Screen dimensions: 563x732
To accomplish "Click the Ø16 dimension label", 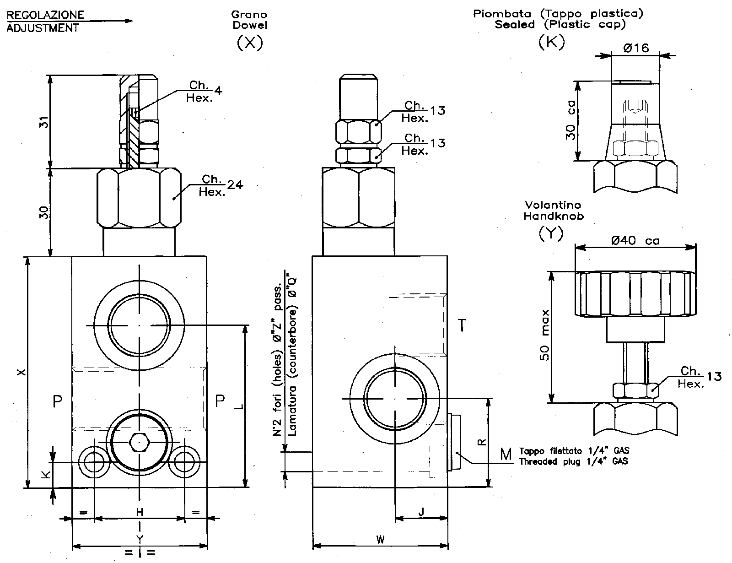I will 635,48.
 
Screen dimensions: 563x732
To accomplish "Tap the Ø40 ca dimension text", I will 635,240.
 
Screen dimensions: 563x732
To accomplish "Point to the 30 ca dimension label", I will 570,120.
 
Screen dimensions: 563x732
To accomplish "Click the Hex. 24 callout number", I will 235,185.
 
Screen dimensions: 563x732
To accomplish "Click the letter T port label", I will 462,325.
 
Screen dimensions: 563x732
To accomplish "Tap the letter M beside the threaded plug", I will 506,455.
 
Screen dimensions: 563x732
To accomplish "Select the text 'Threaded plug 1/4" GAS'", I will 573,461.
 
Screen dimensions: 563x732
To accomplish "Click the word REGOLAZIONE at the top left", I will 45,15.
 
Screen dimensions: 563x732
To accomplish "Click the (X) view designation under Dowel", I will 250,43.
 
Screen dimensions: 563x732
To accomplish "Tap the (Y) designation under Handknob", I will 551,234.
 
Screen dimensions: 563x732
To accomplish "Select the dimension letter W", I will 380,540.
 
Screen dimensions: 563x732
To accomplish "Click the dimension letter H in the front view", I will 140,511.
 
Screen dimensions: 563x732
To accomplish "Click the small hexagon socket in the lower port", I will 138,442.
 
